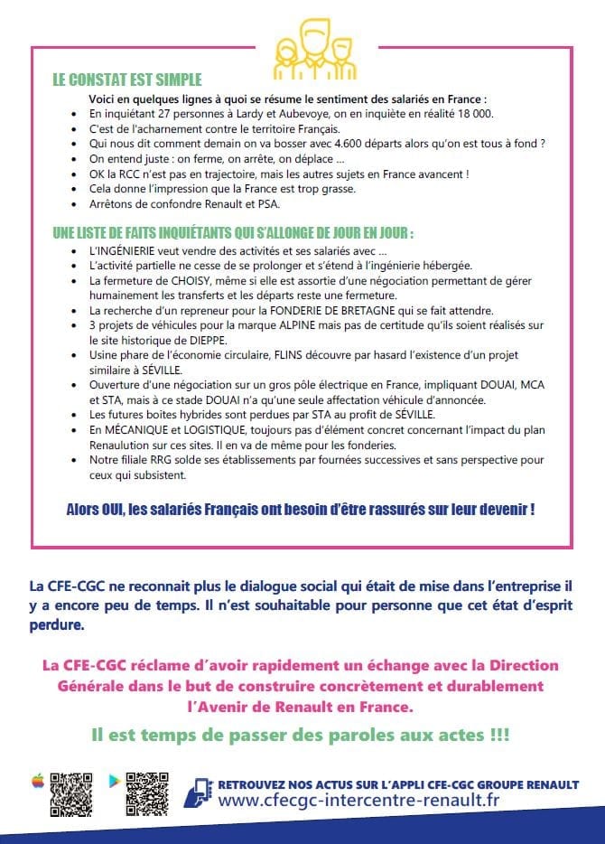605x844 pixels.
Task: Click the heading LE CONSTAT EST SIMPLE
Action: [127, 80]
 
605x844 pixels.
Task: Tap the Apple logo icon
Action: [38, 780]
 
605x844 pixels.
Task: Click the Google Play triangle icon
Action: [114, 780]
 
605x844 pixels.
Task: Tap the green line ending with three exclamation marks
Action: [300, 735]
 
